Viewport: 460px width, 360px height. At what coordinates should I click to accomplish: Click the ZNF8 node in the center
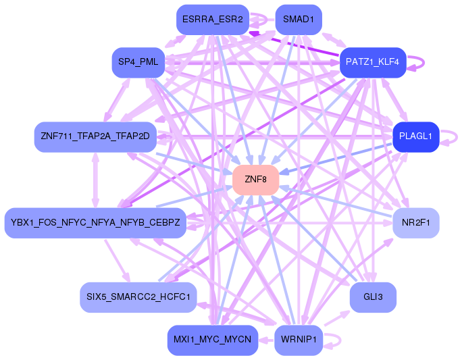(x=256, y=180)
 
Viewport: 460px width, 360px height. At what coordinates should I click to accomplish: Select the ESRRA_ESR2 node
(x=212, y=20)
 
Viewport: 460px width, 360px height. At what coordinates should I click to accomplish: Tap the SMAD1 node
(x=298, y=20)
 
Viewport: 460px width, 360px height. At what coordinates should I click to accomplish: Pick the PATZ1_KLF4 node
(x=372, y=62)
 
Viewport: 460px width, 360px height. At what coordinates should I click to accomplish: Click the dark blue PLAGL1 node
(x=415, y=136)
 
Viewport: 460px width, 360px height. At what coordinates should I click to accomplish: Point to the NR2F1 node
(x=415, y=222)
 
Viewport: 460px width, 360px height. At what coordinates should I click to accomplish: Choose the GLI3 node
(x=373, y=297)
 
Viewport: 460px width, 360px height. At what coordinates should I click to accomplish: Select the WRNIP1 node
(x=298, y=340)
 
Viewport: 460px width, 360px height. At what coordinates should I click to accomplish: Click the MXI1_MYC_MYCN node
(x=212, y=340)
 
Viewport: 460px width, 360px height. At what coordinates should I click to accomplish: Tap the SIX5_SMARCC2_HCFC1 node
(x=138, y=297)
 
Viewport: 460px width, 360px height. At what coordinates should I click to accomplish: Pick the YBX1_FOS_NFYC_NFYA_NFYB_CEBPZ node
(x=95, y=223)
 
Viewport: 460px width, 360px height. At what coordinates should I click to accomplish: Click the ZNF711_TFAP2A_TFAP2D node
(x=95, y=136)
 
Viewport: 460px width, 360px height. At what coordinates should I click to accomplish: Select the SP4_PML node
(x=138, y=62)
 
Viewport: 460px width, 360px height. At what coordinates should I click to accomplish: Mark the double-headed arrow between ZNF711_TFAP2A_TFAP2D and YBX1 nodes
(x=95, y=180)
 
